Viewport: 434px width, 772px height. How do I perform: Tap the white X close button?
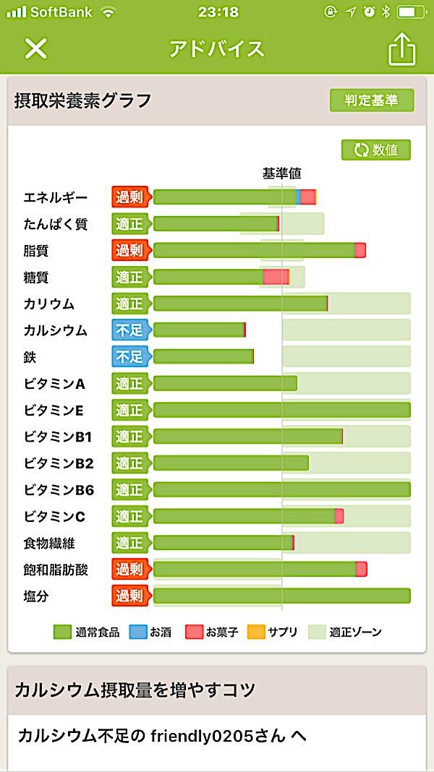click(35, 48)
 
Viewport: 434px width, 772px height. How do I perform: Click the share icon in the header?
click(402, 49)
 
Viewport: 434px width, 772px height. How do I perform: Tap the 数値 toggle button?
click(376, 150)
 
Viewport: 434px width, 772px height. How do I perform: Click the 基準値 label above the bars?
click(281, 173)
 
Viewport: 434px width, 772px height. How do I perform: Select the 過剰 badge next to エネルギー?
click(129, 197)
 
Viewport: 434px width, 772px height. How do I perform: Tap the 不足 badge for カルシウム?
click(129, 330)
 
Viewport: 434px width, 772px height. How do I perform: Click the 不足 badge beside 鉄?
click(129, 356)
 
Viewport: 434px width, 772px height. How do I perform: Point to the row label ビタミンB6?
click(59, 490)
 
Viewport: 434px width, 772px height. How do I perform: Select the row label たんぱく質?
click(56, 224)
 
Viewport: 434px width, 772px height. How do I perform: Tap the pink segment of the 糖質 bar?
click(276, 277)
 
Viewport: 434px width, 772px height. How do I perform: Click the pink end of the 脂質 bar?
click(360, 250)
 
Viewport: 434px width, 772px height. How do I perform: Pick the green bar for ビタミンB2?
click(231, 463)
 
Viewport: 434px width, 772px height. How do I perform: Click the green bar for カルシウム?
click(199, 330)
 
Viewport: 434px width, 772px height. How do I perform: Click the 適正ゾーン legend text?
click(355, 632)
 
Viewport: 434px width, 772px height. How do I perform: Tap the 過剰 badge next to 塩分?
click(129, 596)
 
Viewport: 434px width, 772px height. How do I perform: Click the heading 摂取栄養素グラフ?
click(82, 100)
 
